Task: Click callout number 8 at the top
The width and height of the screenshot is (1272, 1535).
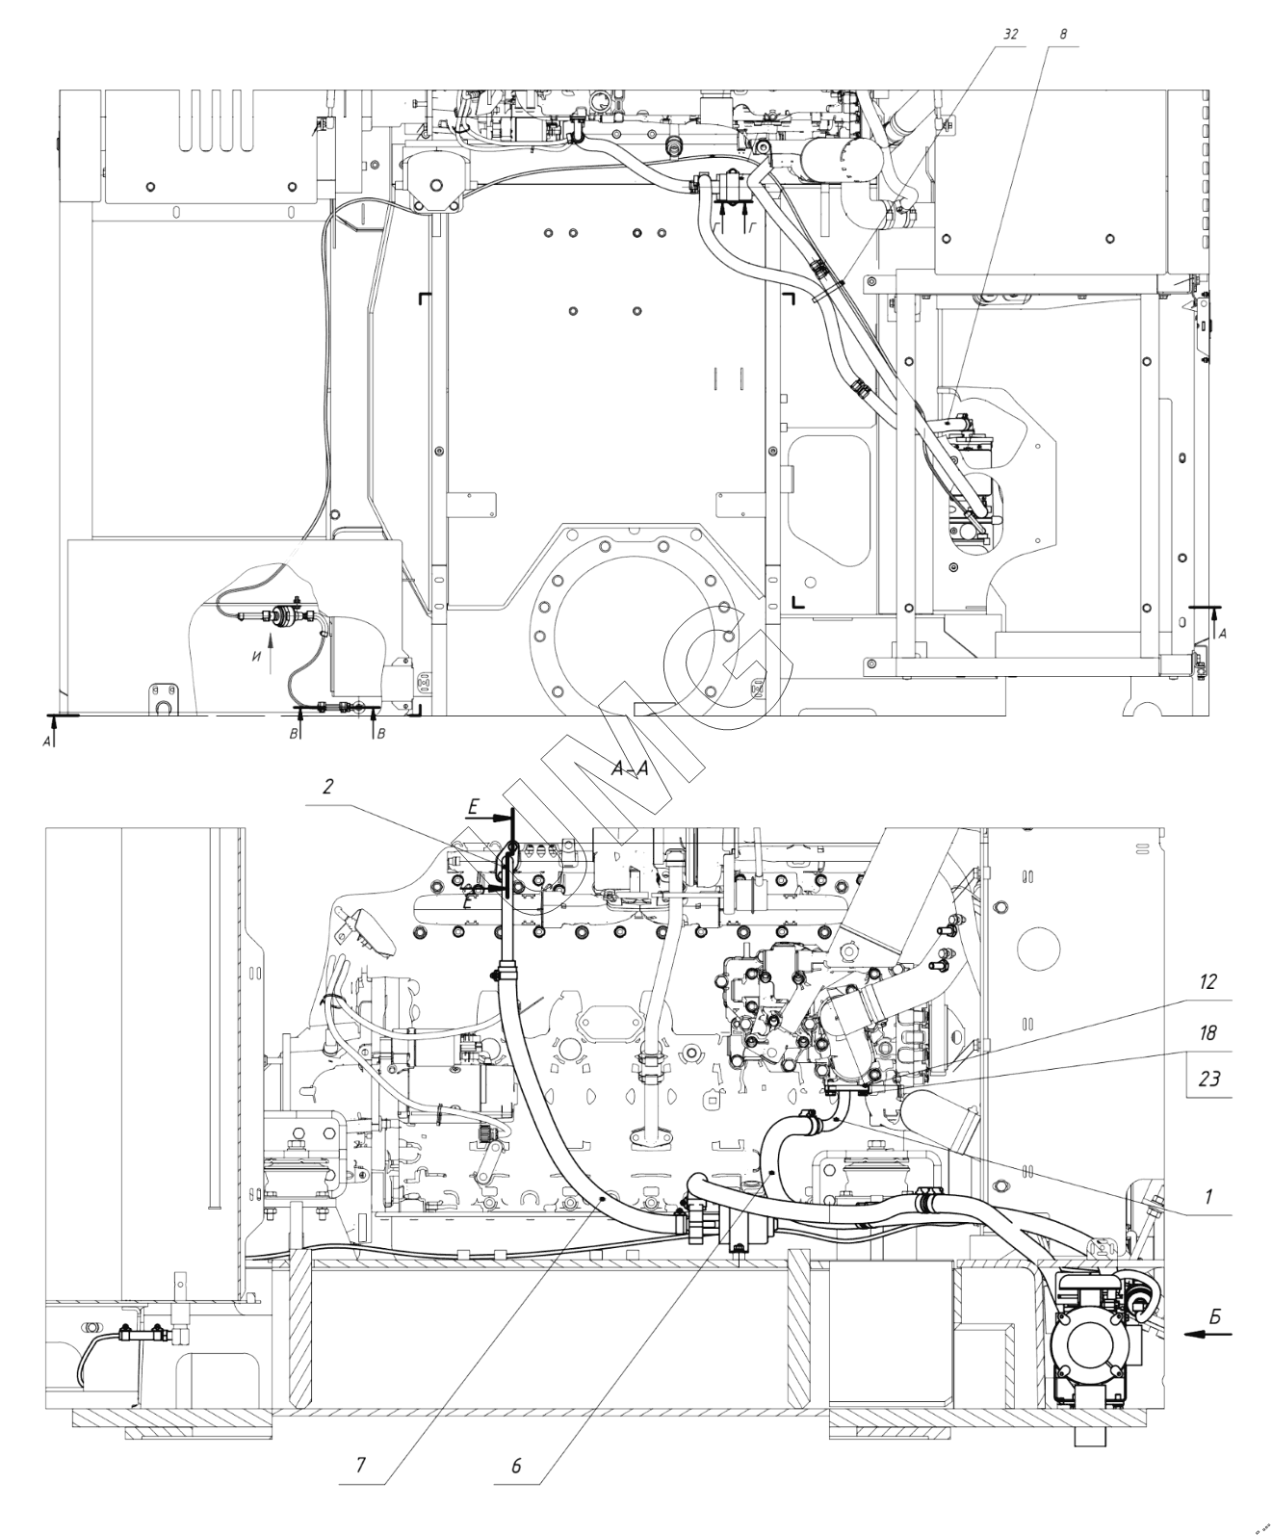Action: (1062, 33)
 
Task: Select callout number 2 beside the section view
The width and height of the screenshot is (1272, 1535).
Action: (327, 787)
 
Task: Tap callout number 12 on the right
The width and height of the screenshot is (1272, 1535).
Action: (1208, 982)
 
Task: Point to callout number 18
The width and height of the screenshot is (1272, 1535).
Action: (1208, 1033)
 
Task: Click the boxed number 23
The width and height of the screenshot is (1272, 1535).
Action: (1208, 1079)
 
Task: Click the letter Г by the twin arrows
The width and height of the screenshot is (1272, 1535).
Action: (752, 224)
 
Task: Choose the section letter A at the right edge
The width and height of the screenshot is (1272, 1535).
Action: (1223, 633)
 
